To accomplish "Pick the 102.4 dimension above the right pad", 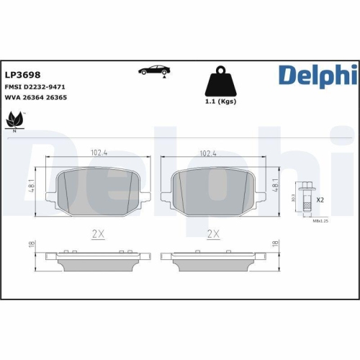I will pyautogui.click(x=208, y=153).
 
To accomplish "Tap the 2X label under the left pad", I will pyautogui.click(x=99, y=234).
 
